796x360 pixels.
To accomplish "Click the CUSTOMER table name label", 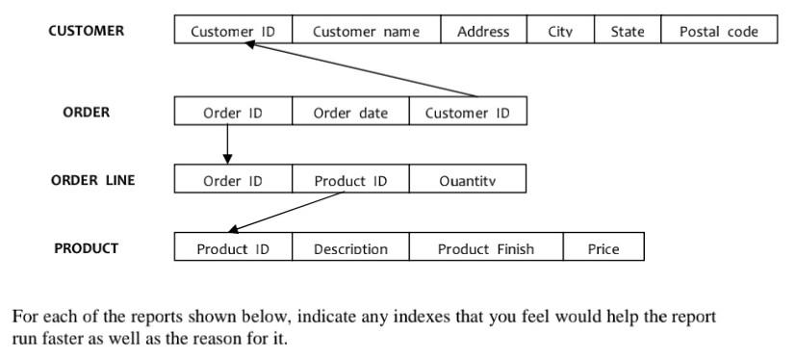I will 86,31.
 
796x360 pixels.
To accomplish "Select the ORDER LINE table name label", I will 92,179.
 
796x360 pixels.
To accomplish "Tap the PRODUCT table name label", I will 86,248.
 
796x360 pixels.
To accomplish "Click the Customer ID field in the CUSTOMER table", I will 232,31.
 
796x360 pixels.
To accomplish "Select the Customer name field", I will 366,31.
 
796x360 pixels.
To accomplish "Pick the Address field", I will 483,31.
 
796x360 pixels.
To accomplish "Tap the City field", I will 560,31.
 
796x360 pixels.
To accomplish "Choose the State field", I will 628,31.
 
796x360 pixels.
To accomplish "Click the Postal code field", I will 718,31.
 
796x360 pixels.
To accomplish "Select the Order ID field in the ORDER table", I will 232,113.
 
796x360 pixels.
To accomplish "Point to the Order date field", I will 350,113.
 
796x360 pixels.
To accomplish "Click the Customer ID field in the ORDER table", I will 468,113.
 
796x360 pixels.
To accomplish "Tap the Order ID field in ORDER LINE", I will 232,180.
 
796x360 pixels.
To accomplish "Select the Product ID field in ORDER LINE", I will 350,180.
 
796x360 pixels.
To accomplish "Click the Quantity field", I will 468,180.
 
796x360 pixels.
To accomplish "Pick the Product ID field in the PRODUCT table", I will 232,249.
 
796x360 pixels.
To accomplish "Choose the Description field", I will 350,249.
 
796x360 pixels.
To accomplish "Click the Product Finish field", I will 485,249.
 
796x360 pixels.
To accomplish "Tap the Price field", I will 603,249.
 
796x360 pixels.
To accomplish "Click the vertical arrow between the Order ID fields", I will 227,144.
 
